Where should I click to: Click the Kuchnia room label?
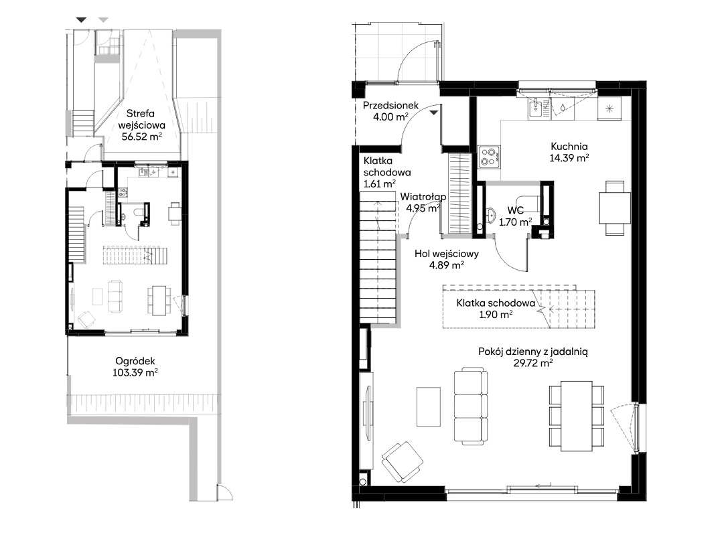pyautogui.click(x=569, y=147)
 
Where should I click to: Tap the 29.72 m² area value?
pyautogui.click(x=533, y=363)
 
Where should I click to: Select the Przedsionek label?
pyautogui.click(x=390, y=105)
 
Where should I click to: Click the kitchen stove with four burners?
pyautogui.click(x=489, y=157)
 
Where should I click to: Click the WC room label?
pyautogui.click(x=515, y=211)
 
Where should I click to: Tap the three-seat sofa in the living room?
pyautogui.click(x=470, y=406)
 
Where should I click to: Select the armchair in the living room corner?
pyautogui.click(x=402, y=461)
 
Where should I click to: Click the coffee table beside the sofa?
pyautogui.click(x=429, y=406)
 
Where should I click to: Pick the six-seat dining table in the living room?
pyautogui.click(x=577, y=416)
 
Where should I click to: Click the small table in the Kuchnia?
pyautogui.click(x=615, y=208)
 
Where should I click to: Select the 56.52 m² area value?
pyautogui.click(x=141, y=136)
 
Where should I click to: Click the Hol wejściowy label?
pyautogui.click(x=447, y=254)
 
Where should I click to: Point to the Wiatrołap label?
pyautogui.click(x=423, y=197)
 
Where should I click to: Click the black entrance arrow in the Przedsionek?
pyautogui.click(x=433, y=112)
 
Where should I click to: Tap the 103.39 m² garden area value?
pyautogui.click(x=135, y=373)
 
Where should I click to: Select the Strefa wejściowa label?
pyautogui.click(x=141, y=119)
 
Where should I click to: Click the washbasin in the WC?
pyautogui.click(x=490, y=215)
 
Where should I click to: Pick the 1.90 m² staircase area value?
pyautogui.click(x=496, y=315)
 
